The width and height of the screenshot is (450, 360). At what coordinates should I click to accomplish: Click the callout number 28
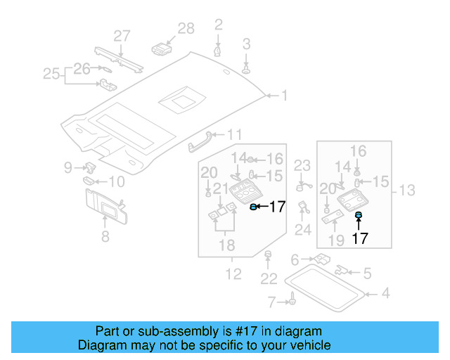[x=186, y=29]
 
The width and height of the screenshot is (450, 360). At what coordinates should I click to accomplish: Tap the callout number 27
[x=122, y=36]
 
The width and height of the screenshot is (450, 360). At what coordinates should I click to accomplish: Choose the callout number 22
[x=269, y=279]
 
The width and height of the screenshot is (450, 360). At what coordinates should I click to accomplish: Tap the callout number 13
[x=408, y=191]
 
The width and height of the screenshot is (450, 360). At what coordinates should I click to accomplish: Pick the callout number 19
[x=336, y=241]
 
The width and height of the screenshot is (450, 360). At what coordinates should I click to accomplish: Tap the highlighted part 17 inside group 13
[x=358, y=214]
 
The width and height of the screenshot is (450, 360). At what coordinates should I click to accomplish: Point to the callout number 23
[x=302, y=166]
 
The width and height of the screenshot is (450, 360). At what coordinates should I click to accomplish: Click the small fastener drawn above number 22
[x=267, y=253]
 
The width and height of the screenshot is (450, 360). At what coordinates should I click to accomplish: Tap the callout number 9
[x=68, y=167]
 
